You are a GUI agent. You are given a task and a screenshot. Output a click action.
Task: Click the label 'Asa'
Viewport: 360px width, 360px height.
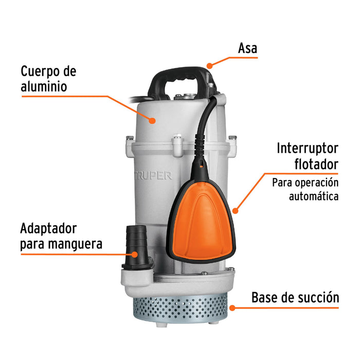pos(247,48)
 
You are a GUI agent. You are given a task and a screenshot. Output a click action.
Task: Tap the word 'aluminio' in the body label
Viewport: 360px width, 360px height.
pos(44,87)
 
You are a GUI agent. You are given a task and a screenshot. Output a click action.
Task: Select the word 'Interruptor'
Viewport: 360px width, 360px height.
pos(308,149)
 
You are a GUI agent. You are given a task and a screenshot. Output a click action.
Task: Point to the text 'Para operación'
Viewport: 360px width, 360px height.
pos(305,183)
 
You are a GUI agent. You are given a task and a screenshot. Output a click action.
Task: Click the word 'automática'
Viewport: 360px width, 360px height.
pos(314,196)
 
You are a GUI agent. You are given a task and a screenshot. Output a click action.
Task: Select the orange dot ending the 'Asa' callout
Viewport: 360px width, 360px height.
pos(209,66)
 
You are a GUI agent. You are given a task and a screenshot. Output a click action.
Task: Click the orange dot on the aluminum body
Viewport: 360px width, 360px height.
pos(153,121)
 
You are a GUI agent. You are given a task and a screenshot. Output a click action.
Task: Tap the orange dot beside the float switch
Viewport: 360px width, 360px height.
pos(236,210)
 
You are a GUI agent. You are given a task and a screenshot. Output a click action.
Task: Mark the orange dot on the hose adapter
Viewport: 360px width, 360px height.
pos(135,254)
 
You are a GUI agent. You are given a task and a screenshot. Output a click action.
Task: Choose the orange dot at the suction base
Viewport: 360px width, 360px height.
pos(232,308)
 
